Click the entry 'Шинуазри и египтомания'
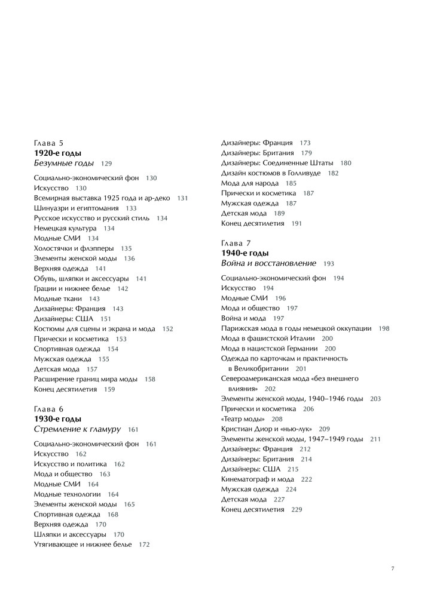[76, 208]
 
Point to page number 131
[182, 198]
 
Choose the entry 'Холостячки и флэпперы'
[74, 248]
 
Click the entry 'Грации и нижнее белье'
[72, 288]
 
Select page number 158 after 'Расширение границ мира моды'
[150, 379]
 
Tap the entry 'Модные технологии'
[67, 494]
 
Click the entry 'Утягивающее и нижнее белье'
[83, 544]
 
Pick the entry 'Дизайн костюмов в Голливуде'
[271, 173]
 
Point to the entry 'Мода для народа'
[250, 183]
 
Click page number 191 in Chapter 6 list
[297, 223]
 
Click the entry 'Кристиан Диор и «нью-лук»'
[267, 429]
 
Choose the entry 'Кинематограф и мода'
[258, 479]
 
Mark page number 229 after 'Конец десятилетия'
[297, 509]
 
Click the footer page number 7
[393, 568]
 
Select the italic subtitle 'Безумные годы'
[63, 163]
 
